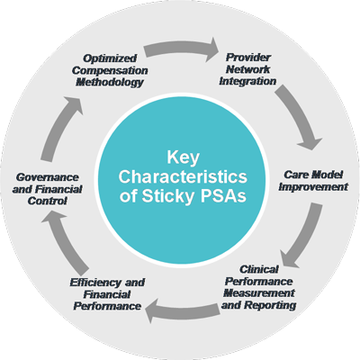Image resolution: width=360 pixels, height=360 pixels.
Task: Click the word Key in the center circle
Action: (x=183, y=157)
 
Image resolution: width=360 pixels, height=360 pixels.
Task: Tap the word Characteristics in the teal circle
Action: (x=183, y=176)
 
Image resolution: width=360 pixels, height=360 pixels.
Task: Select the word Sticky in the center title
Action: (x=168, y=196)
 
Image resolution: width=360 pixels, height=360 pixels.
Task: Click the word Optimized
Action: (x=110, y=58)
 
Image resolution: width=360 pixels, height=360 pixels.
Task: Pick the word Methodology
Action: (x=110, y=82)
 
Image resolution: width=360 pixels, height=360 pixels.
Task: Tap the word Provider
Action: (x=248, y=57)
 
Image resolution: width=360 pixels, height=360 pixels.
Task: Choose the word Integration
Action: (x=247, y=81)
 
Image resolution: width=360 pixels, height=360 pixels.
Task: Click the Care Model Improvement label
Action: (x=313, y=181)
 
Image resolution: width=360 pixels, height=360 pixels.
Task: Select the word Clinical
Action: (x=259, y=269)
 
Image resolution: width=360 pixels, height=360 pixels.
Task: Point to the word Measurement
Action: (x=259, y=293)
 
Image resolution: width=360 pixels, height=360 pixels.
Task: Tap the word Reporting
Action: (x=270, y=305)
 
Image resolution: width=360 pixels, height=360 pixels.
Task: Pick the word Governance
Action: (x=47, y=177)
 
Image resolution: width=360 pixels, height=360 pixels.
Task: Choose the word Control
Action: (x=47, y=201)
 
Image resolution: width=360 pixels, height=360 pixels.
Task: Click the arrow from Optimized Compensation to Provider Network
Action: (x=182, y=48)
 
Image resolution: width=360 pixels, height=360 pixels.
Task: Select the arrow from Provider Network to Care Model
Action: (x=300, y=115)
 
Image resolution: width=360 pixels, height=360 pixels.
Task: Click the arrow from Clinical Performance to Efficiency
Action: (x=182, y=310)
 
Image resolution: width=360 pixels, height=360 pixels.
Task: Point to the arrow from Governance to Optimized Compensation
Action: (x=60, y=128)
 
